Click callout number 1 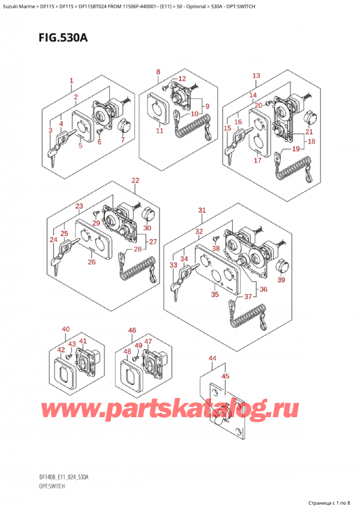(71, 80)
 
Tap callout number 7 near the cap (123, 140)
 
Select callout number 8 (158, 73)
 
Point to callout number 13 (256, 76)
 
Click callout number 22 (135, 180)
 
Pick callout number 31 (202, 210)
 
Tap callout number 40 (65, 329)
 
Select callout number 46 (133, 330)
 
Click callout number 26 (92, 262)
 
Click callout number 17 (258, 160)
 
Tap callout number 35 (215, 295)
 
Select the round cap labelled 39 (280, 266)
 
